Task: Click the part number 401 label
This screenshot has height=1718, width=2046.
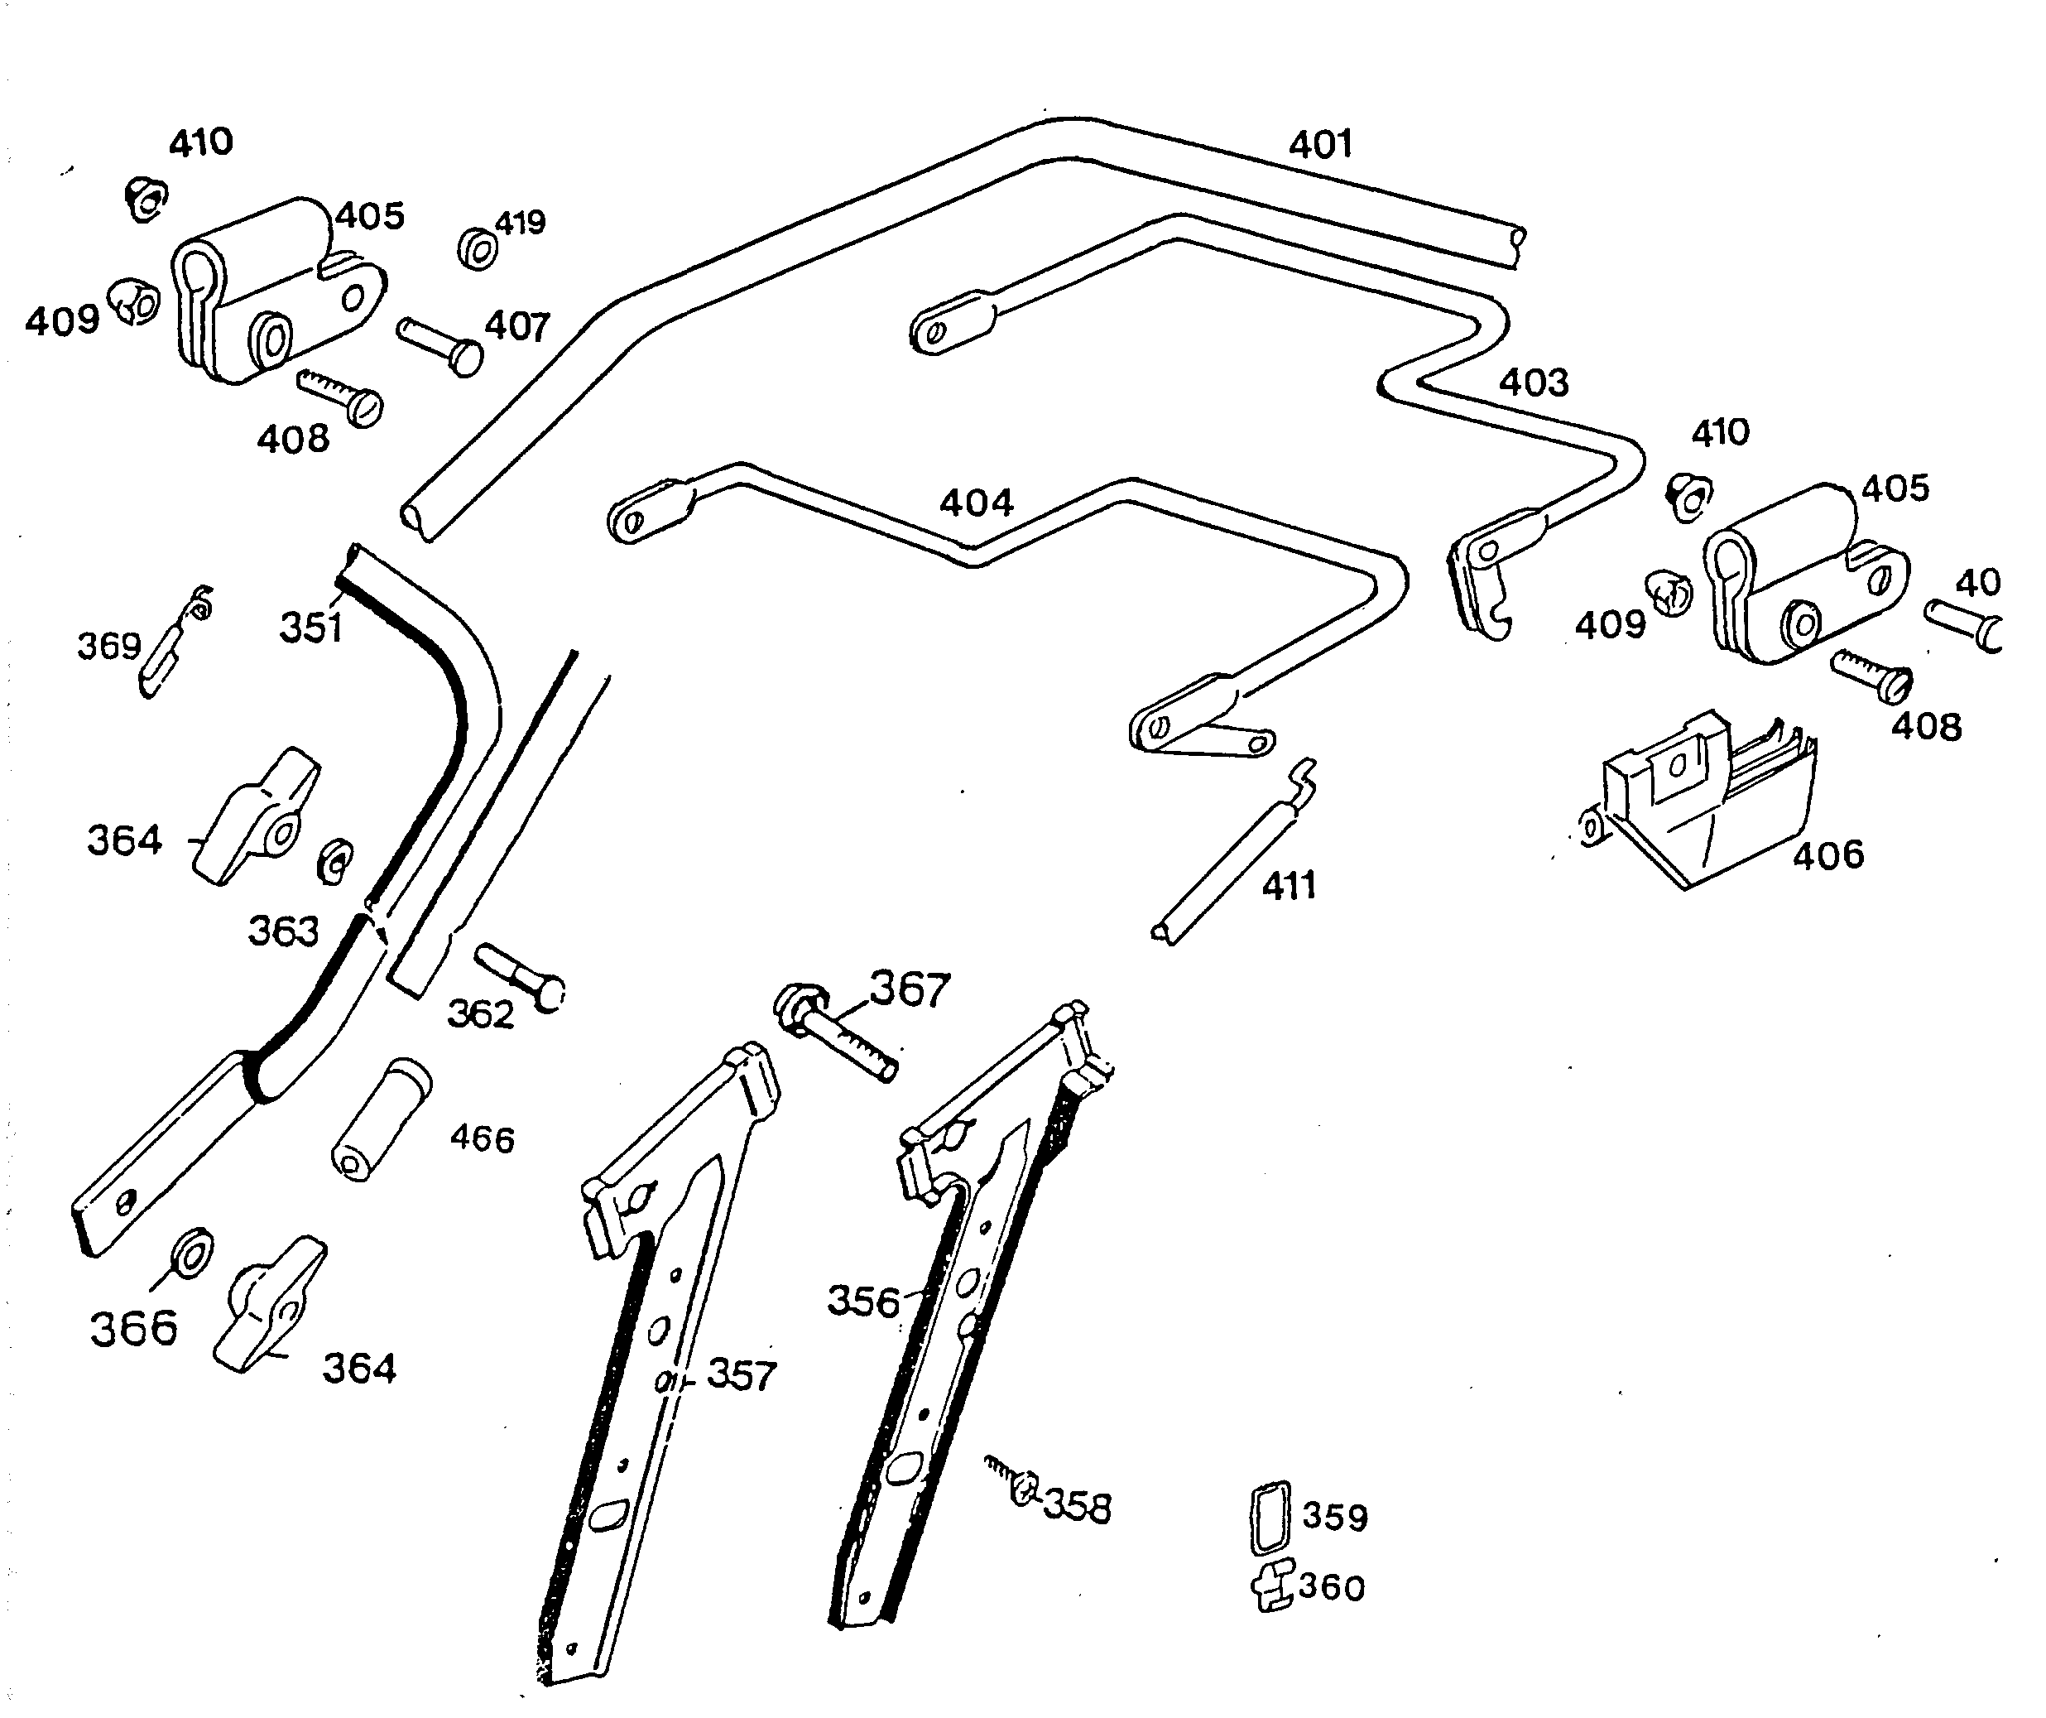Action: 1320,145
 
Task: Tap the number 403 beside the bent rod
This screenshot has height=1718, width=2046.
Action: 1534,382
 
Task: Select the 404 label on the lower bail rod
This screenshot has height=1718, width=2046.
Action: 976,503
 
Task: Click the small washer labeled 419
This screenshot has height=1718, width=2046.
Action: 478,250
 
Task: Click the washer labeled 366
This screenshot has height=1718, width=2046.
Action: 192,1252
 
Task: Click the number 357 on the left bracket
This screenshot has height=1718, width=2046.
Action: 741,1375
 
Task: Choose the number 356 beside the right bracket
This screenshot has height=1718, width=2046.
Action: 862,1302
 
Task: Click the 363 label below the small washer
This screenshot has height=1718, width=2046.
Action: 282,931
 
